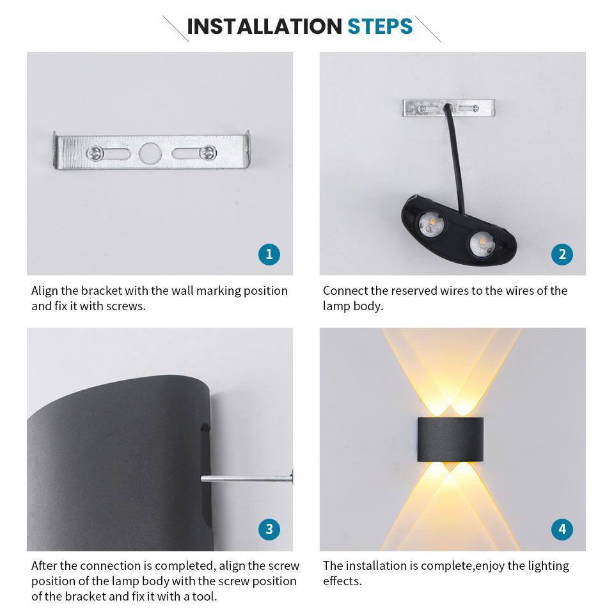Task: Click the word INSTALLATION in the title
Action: click(264, 27)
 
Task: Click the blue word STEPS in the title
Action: click(380, 27)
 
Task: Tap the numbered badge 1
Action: click(269, 255)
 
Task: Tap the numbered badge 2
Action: click(562, 255)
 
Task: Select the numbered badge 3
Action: click(269, 529)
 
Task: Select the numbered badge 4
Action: click(562, 529)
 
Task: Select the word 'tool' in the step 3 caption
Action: click(203, 597)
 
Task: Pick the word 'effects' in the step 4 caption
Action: click(342, 581)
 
